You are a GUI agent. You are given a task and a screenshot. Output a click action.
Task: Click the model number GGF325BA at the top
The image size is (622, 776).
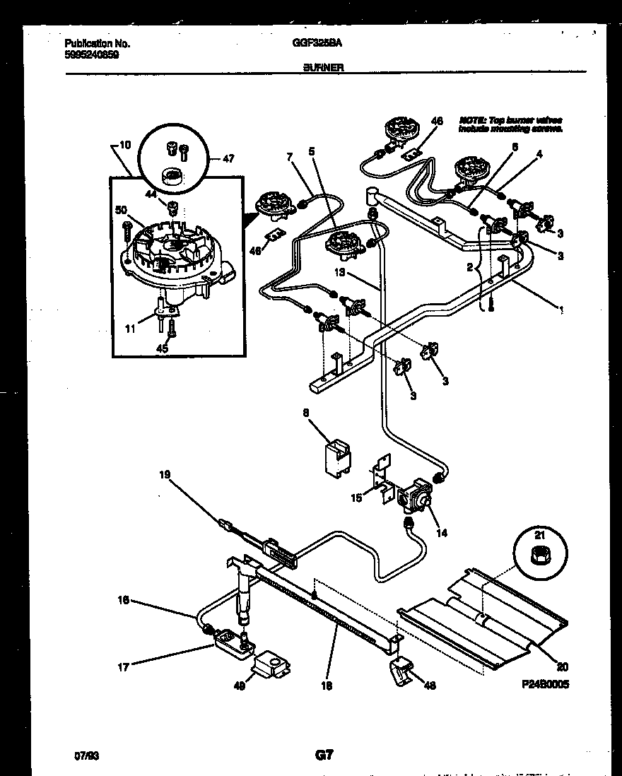(x=317, y=43)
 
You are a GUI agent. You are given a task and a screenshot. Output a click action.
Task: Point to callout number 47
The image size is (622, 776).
(x=228, y=160)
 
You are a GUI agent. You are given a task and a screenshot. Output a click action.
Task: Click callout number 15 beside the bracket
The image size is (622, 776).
(x=358, y=498)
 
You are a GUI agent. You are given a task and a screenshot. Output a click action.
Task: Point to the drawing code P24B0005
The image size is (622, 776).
(x=546, y=684)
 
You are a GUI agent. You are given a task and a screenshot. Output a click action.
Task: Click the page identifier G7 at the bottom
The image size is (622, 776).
(x=324, y=756)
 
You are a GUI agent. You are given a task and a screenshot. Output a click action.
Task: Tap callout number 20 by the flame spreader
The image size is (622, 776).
(x=563, y=666)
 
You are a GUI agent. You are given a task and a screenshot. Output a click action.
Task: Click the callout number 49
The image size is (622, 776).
(x=240, y=685)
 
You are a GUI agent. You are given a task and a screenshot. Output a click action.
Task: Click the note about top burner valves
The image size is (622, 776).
(x=510, y=125)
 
